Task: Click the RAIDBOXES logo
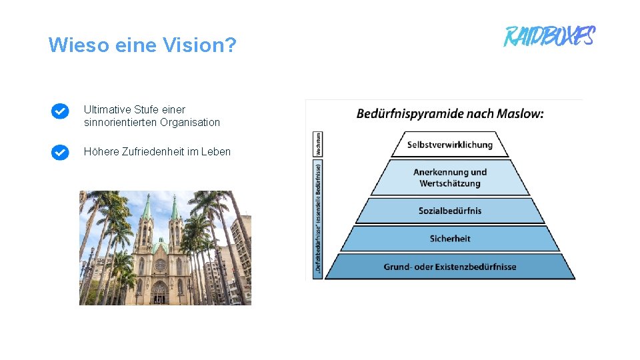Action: click(549, 36)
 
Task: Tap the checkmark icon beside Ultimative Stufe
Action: click(60, 111)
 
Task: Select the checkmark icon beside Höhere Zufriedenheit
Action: click(60, 153)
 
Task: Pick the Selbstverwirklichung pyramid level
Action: click(449, 145)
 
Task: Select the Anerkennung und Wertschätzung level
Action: click(449, 178)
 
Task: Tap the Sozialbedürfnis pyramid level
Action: click(449, 211)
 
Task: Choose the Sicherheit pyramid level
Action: click(449, 239)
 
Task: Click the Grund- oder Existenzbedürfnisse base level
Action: click(449, 267)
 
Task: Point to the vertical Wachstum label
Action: click(319, 143)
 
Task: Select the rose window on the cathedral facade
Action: click(160, 265)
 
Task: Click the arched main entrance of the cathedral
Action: click(160, 293)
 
